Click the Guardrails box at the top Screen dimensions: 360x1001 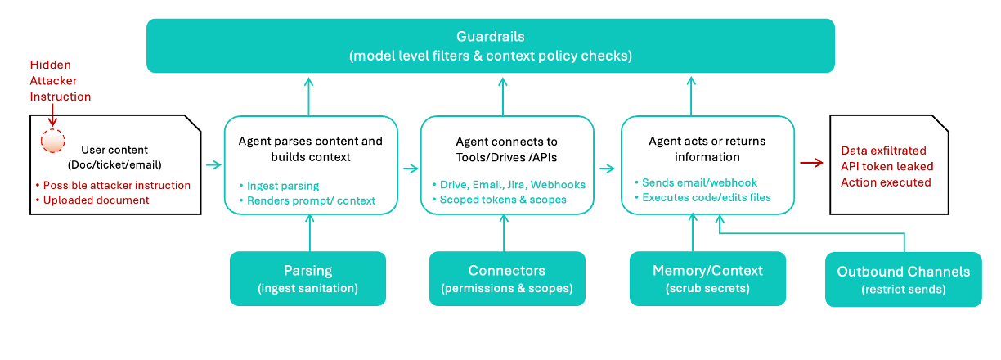[x=491, y=46]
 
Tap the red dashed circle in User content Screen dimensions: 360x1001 [x=52, y=142]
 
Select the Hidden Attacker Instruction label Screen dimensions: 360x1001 [x=60, y=80]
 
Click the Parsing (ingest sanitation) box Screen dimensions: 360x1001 [x=307, y=278]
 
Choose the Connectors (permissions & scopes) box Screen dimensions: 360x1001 [x=507, y=278]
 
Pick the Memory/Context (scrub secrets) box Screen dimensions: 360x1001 [x=707, y=278]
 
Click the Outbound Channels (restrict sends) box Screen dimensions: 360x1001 [x=903, y=279]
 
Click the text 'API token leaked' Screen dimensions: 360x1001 [x=887, y=166]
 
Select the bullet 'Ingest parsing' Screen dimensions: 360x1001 [x=282, y=186]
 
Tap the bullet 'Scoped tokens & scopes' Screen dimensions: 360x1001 [x=502, y=200]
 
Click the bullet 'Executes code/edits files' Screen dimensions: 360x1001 [x=705, y=197]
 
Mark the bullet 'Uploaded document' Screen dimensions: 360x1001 [x=96, y=200]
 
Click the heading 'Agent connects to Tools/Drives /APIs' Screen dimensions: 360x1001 [x=506, y=149]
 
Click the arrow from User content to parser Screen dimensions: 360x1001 [x=213, y=165]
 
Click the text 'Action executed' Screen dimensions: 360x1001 [x=886, y=182]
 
